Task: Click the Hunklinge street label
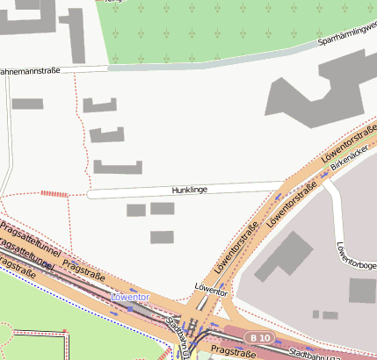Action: coord(189,190)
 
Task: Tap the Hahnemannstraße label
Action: coord(30,70)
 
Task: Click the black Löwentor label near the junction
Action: coord(211,288)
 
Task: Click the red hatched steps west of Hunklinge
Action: coord(54,193)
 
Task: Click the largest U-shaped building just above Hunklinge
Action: coord(118,168)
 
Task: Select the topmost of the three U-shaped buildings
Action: coord(99,105)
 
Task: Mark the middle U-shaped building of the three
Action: coord(107,135)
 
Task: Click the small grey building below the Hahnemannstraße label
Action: coord(27,104)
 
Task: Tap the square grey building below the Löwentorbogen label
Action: coord(362,291)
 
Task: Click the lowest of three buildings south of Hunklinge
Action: coord(162,237)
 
